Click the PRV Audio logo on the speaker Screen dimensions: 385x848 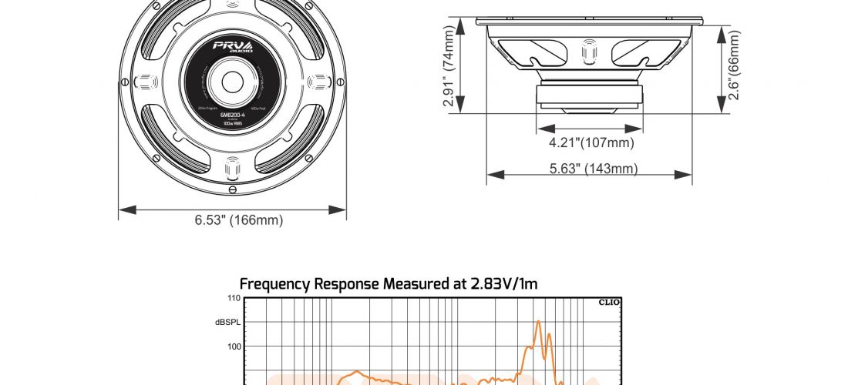(x=231, y=49)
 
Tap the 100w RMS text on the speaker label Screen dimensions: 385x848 (x=232, y=124)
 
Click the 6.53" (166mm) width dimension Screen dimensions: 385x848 (x=238, y=221)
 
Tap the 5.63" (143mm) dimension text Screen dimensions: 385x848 (x=589, y=169)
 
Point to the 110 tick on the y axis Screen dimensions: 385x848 (x=234, y=298)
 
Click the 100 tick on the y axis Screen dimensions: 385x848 (x=234, y=346)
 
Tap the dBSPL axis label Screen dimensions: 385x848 (x=229, y=322)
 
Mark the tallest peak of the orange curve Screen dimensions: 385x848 (x=538, y=321)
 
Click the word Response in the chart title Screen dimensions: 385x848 (x=345, y=284)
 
